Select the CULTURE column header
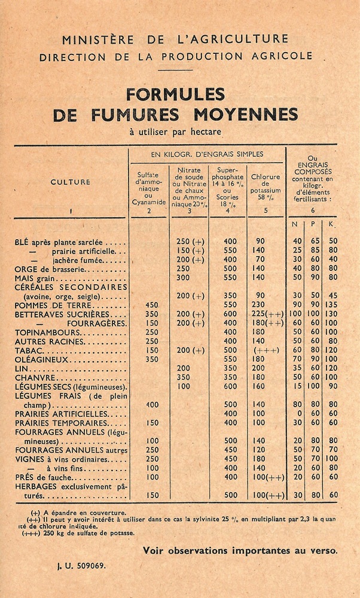71,182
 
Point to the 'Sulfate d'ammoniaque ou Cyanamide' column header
148,188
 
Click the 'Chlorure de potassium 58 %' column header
266,185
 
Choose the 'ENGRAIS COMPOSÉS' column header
312,172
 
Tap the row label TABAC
28,350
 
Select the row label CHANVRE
34,378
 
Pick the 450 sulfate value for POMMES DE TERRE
152,305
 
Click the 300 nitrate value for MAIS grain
183,278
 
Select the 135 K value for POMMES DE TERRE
333,305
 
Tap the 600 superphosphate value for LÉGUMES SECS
230,387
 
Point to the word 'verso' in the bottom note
324,551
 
